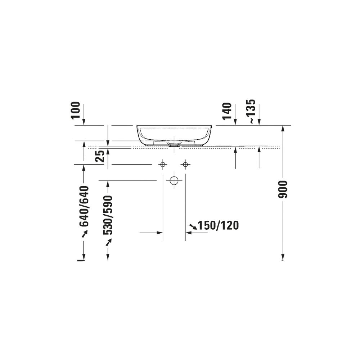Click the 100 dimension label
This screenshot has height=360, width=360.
[x=76, y=110]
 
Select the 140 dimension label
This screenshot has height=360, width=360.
[x=227, y=111]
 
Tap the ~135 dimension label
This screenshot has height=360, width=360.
[x=252, y=112]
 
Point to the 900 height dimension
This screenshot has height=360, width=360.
[x=283, y=189]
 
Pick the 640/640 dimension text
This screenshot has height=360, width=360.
[x=84, y=206]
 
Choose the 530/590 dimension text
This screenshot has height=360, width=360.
[x=108, y=215]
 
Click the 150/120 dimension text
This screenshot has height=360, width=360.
[x=219, y=225]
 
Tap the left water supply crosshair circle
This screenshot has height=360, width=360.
[x=163, y=165]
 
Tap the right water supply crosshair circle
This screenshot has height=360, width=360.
[x=185, y=165]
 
